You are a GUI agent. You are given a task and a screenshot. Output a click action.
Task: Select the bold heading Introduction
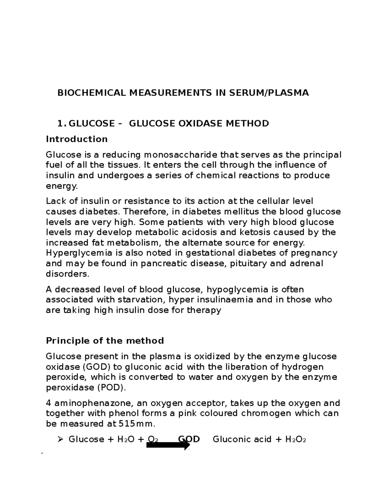(x=77, y=139)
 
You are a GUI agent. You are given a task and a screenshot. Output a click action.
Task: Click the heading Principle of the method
(x=105, y=341)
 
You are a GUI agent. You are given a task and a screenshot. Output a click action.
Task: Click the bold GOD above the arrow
(x=189, y=439)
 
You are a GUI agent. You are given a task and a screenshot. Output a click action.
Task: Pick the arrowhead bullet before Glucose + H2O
(x=60, y=440)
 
